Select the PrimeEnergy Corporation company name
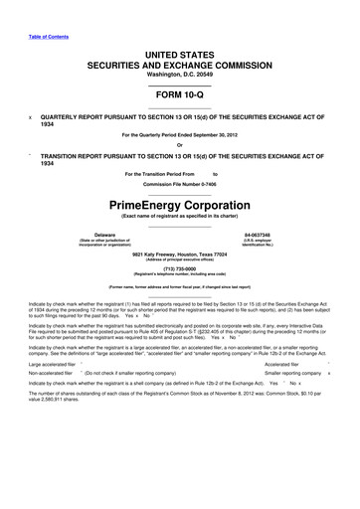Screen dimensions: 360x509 tap(179, 204)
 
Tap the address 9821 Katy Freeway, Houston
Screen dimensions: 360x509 tap(179, 253)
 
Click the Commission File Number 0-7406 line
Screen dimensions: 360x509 tap(179, 186)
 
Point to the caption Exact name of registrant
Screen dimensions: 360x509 tap(179, 217)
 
